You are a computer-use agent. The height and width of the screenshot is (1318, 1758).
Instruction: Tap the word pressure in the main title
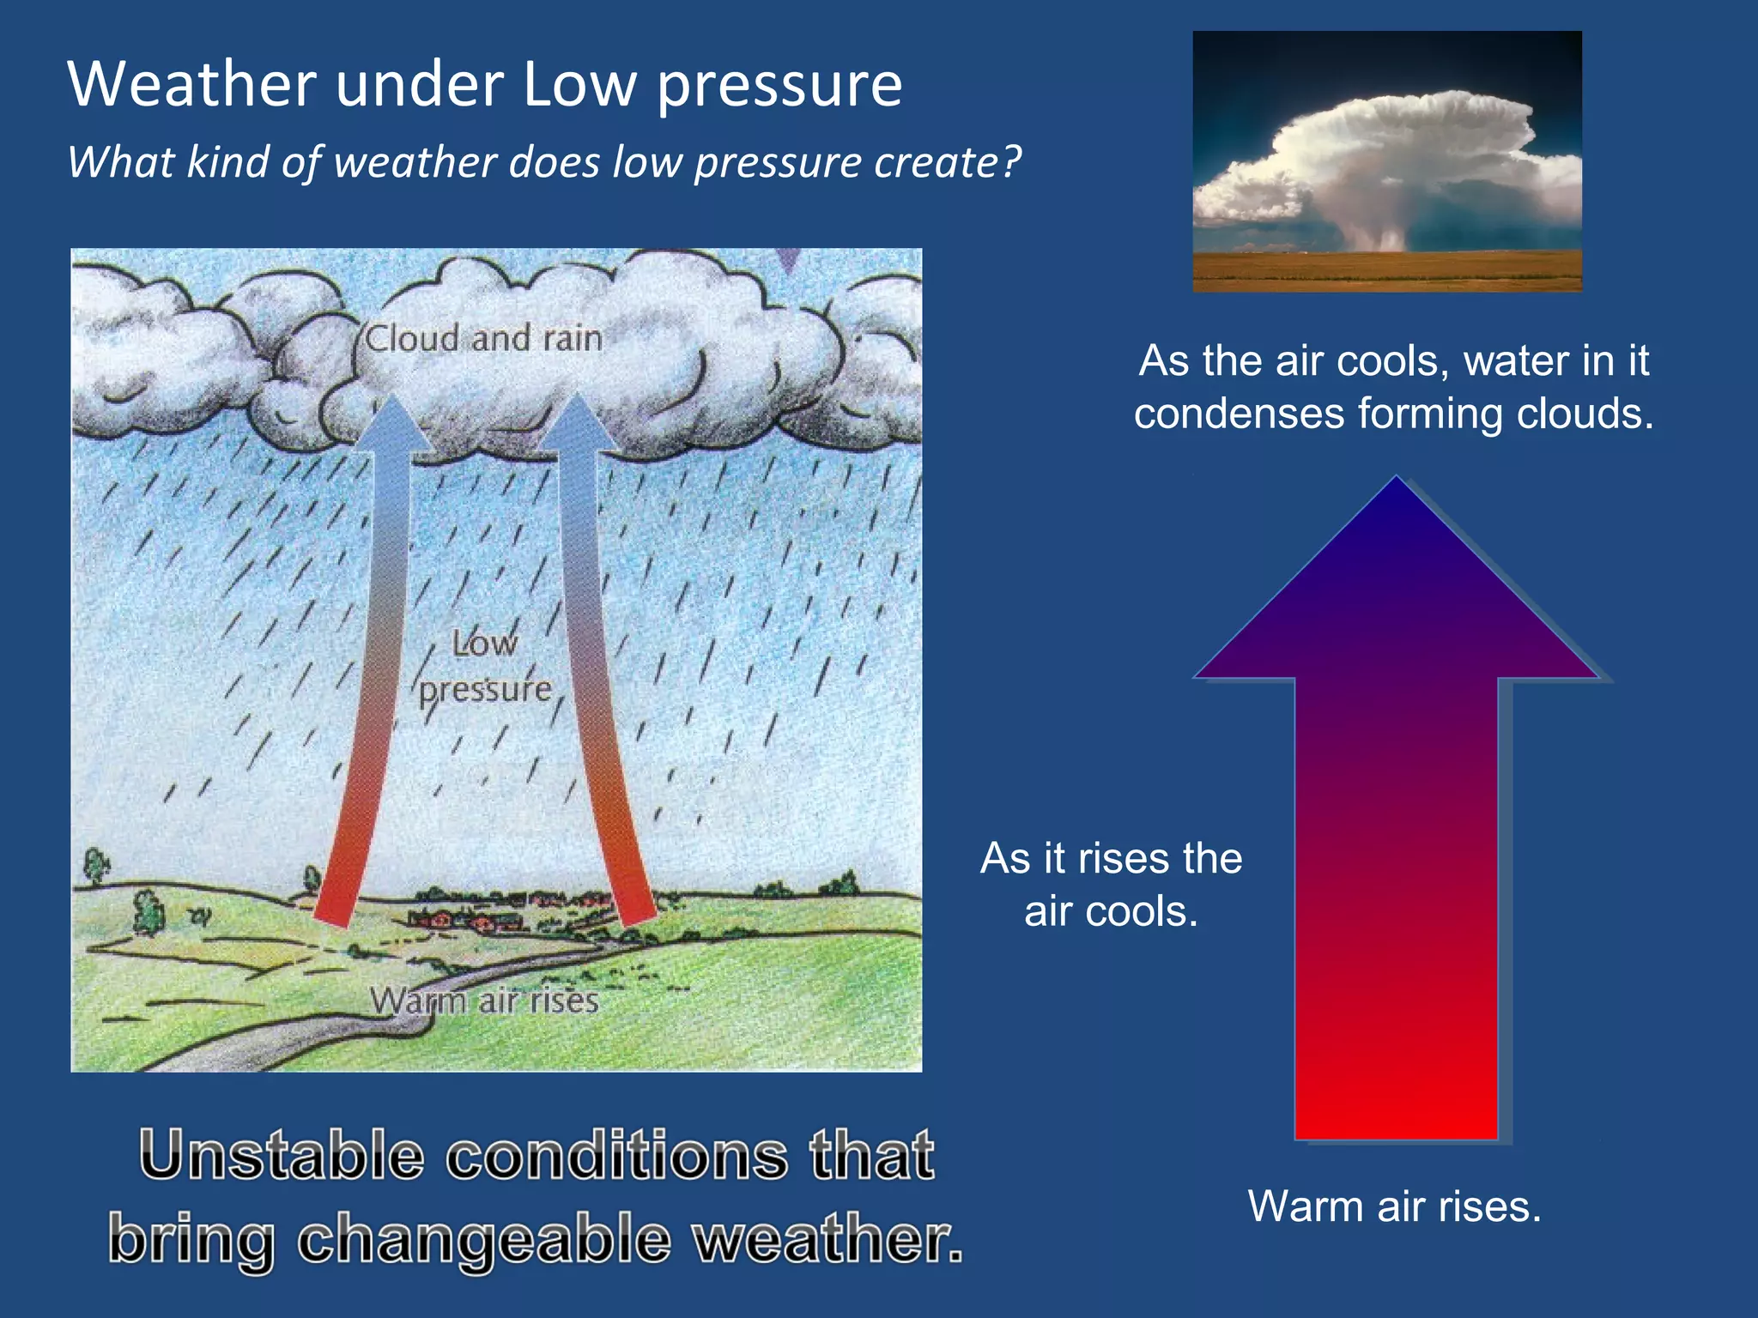click(779, 86)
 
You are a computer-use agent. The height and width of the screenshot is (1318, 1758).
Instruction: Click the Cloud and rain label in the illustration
click(483, 338)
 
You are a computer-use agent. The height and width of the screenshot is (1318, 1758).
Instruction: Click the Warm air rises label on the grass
click(484, 1001)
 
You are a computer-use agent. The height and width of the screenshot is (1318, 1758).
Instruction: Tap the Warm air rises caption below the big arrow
click(1394, 1206)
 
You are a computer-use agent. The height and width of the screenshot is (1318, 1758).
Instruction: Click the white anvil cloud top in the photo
click(1408, 129)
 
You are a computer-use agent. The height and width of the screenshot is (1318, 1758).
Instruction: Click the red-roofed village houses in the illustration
click(468, 920)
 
